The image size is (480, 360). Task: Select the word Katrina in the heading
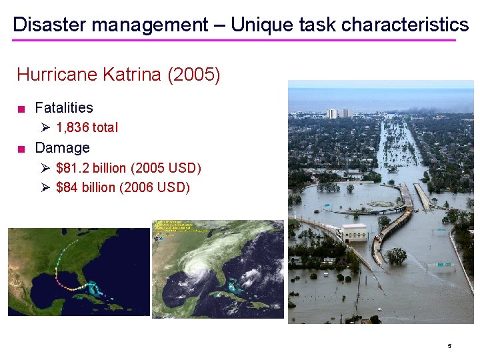point(132,74)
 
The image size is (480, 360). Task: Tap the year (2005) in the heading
point(194,74)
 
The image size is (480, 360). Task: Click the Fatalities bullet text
point(64,107)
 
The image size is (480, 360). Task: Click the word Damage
point(62,147)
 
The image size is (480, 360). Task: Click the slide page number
point(449,346)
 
